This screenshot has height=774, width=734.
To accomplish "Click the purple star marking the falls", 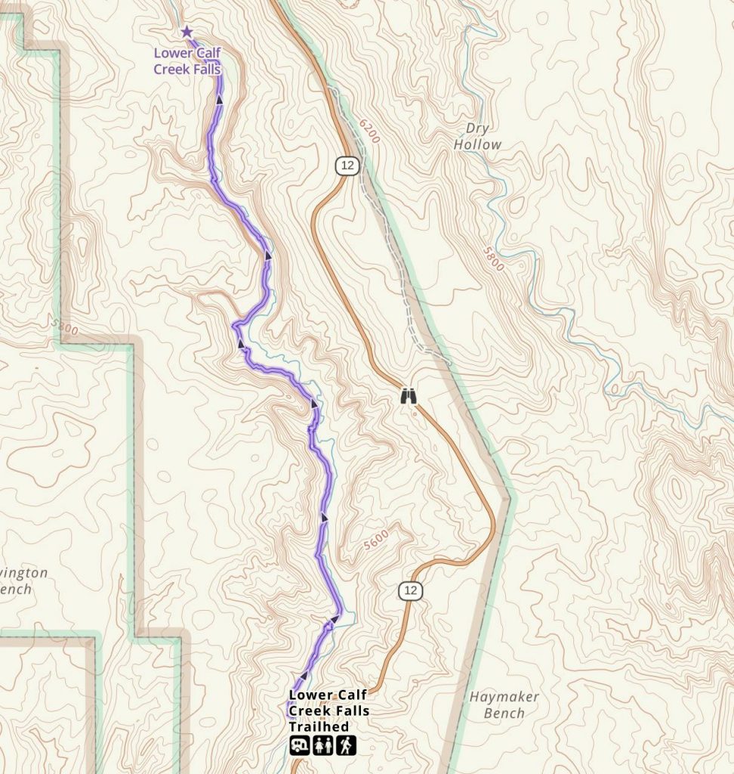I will (187, 32).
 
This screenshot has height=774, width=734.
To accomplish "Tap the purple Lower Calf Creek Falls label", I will (187, 61).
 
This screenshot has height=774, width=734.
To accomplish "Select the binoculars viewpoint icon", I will (409, 396).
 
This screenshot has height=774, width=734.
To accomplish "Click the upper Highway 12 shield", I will (347, 165).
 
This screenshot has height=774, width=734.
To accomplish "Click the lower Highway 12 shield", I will (409, 590).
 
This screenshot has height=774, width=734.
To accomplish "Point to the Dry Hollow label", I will (477, 136).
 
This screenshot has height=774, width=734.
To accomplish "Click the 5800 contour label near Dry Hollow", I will (492, 259).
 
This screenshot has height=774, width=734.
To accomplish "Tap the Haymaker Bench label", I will (504, 704).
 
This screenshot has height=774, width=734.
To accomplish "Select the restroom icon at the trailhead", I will (322, 746).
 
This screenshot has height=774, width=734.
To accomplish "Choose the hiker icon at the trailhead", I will (345, 746).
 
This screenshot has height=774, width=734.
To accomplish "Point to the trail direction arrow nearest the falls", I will (219, 99).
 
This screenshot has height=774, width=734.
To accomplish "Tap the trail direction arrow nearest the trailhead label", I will (304, 675).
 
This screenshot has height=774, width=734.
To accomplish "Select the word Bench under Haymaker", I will (504, 713).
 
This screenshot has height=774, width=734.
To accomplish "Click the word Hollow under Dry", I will (477, 144).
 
